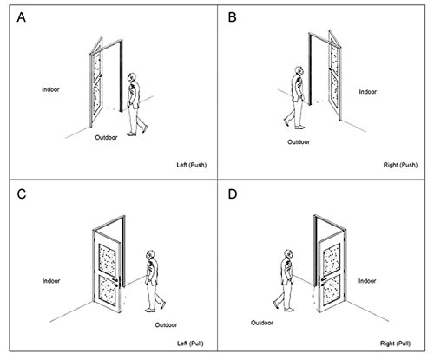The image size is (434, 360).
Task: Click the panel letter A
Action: [22, 17]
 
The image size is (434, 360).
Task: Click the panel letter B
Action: [232, 17]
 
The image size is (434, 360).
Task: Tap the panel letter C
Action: [22, 194]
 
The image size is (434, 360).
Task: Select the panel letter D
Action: [233, 194]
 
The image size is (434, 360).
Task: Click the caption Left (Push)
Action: [192, 165]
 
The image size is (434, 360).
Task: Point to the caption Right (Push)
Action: [400, 165]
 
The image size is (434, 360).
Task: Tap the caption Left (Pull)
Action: [190, 344]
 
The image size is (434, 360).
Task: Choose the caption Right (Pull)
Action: [395, 344]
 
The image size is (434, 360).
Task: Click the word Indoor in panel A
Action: [50, 89]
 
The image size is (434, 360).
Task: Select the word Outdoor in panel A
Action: [106, 137]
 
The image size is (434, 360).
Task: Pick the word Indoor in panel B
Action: [368, 92]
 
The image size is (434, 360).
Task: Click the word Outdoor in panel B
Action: [299, 142]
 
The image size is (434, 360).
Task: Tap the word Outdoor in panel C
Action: [166, 325]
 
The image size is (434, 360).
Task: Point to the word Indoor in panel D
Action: [367, 281]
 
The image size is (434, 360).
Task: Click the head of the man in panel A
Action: [132, 77]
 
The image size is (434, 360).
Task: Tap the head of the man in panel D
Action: [289, 254]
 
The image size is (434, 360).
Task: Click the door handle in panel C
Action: [116, 282]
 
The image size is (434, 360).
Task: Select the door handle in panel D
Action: [322, 282]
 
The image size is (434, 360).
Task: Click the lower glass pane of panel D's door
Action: [332, 290]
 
